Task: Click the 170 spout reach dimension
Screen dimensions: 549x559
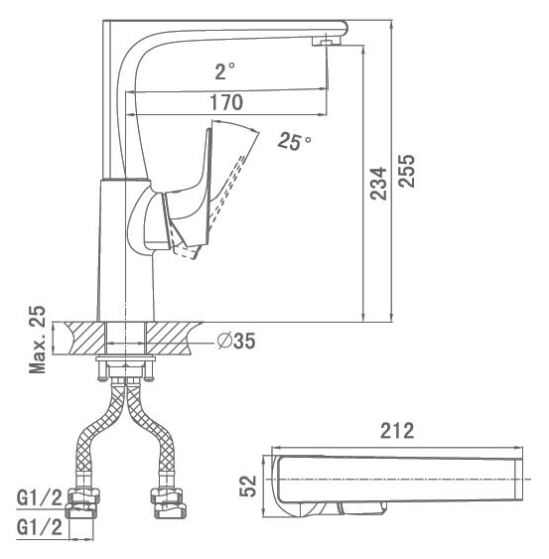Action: [226, 102]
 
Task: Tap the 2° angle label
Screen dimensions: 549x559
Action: [225, 70]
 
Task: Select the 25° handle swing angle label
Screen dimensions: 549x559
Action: [294, 142]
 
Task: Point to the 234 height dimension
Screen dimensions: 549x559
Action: [378, 184]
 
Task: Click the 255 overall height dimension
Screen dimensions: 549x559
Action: [407, 171]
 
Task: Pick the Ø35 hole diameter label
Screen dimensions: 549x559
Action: [236, 341]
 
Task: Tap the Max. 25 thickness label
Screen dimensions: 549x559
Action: [38, 340]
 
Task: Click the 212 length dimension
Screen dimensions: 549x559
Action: [397, 431]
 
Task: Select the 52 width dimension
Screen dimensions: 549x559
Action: [248, 486]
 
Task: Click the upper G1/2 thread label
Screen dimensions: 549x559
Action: [40, 497]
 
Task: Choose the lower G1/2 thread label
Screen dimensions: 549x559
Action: [40, 527]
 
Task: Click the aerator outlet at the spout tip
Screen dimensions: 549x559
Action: [327, 41]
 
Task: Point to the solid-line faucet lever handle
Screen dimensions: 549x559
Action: [189, 193]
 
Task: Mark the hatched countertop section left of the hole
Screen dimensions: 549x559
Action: [86, 338]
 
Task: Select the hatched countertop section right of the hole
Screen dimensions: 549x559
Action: [172, 338]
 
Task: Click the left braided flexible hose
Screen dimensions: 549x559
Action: [99, 433]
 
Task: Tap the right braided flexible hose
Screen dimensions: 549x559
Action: [150, 433]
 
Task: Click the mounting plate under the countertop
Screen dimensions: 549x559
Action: [125, 358]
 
